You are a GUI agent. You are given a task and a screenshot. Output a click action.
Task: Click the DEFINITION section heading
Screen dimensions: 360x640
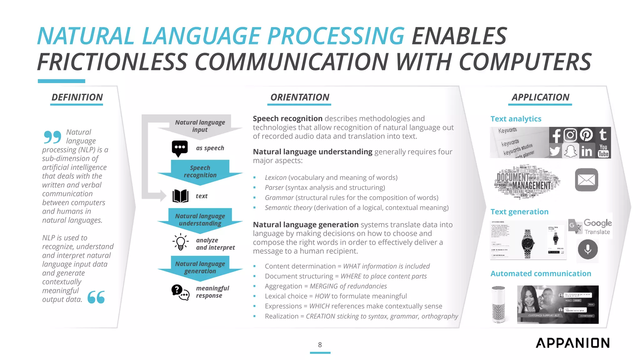tap(77, 97)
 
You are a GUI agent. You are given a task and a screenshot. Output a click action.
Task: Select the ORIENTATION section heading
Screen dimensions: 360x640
tap(300, 97)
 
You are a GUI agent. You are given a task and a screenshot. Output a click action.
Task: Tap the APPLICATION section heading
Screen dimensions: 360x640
tap(540, 97)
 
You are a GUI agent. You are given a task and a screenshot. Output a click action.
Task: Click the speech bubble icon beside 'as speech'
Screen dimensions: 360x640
tap(180, 148)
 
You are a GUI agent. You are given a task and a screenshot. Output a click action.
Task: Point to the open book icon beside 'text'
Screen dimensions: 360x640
tap(180, 196)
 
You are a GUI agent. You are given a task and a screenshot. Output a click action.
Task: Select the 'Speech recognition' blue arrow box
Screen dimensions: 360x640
tap(200, 171)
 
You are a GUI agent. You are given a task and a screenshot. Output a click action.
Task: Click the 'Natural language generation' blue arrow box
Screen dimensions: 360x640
tap(200, 267)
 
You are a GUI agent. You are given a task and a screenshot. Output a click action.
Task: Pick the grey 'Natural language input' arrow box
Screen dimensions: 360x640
tap(200, 126)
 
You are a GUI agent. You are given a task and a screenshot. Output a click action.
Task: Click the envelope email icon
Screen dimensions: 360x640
tap(586, 180)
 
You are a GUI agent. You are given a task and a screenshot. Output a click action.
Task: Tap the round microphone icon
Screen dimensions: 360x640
tap(587, 249)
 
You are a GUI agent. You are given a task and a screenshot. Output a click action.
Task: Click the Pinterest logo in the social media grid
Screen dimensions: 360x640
tap(586, 135)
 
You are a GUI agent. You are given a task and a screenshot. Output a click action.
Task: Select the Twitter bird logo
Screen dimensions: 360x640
tap(555, 151)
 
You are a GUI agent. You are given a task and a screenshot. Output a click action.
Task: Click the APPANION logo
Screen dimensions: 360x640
tap(572, 343)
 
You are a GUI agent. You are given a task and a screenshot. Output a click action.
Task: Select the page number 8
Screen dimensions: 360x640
tap(320, 345)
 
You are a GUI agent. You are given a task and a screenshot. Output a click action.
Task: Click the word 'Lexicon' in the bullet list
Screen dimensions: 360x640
tap(275, 177)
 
